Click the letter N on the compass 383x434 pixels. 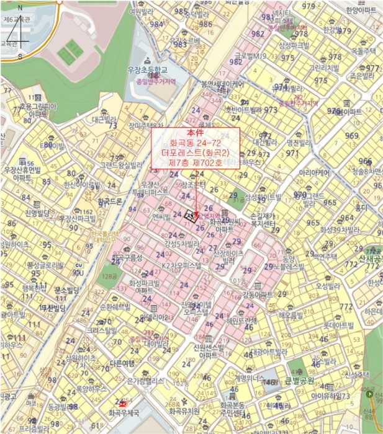click(x=20, y=7)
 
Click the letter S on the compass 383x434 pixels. click(x=20, y=56)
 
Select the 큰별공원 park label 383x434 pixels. click(x=299, y=381)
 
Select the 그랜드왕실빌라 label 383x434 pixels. click(x=122, y=165)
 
